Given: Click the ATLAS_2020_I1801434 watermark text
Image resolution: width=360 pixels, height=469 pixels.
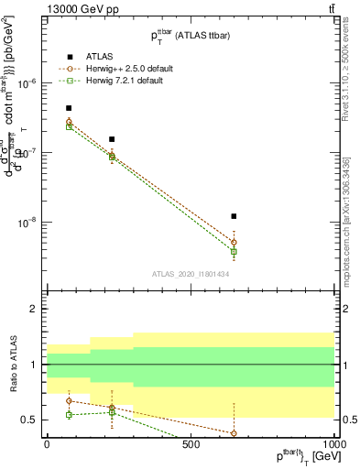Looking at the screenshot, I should pos(190,273).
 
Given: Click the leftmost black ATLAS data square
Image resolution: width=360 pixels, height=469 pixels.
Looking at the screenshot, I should pos(69,108).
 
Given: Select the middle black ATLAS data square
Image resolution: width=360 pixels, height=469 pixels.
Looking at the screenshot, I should pos(112,139).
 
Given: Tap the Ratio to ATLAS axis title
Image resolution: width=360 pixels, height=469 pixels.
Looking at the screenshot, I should pos(11,365).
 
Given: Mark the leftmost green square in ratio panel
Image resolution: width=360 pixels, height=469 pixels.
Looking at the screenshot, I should pos(69,415).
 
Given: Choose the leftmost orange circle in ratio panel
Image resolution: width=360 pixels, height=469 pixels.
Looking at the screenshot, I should pos(69,400).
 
